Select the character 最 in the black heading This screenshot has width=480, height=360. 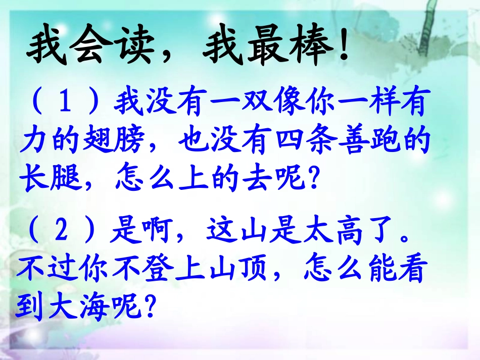point(255,48)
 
